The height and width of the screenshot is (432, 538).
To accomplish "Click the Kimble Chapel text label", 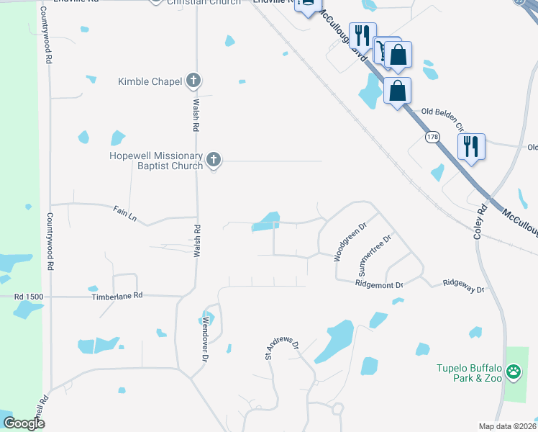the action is pos(150,81).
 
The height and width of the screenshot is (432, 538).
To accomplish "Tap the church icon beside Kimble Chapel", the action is pos(193,81).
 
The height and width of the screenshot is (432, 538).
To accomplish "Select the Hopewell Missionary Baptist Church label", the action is pos(156,161).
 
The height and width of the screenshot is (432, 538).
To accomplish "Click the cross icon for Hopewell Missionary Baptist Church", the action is pos(213,161).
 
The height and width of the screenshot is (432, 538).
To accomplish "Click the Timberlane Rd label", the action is pos(117,296).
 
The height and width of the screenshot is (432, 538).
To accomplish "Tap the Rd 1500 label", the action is pos(29,296).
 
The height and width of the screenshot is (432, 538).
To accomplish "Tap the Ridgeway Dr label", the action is pos(464,286).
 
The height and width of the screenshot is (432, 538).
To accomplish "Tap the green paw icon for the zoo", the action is pos(514,373).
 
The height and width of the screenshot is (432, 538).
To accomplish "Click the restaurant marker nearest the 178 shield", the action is pos(471,146).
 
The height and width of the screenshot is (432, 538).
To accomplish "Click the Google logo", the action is pos(24,423).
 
